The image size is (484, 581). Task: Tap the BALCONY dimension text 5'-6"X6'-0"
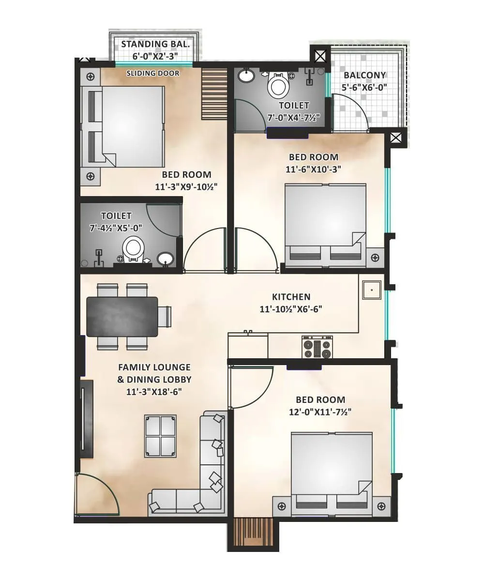click(x=365, y=88)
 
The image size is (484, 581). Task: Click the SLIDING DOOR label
click(x=153, y=74)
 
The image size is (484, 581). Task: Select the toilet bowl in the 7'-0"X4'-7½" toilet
click(x=278, y=86)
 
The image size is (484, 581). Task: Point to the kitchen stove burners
click(x=317, y=347)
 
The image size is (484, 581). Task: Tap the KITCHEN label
click(x=291, y=297)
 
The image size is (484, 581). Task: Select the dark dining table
click(x=122, y=316)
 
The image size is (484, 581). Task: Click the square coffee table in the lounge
click(x=161, y=436)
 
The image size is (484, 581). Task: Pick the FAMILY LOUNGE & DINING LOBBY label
click(x=154, y=373)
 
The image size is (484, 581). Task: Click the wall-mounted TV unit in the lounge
click(x=86, y=419)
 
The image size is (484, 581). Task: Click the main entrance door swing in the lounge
click(x=97, y=494)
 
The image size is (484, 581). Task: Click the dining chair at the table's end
click(x=165, y=317)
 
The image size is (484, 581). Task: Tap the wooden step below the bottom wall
click(x=253, y=533)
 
